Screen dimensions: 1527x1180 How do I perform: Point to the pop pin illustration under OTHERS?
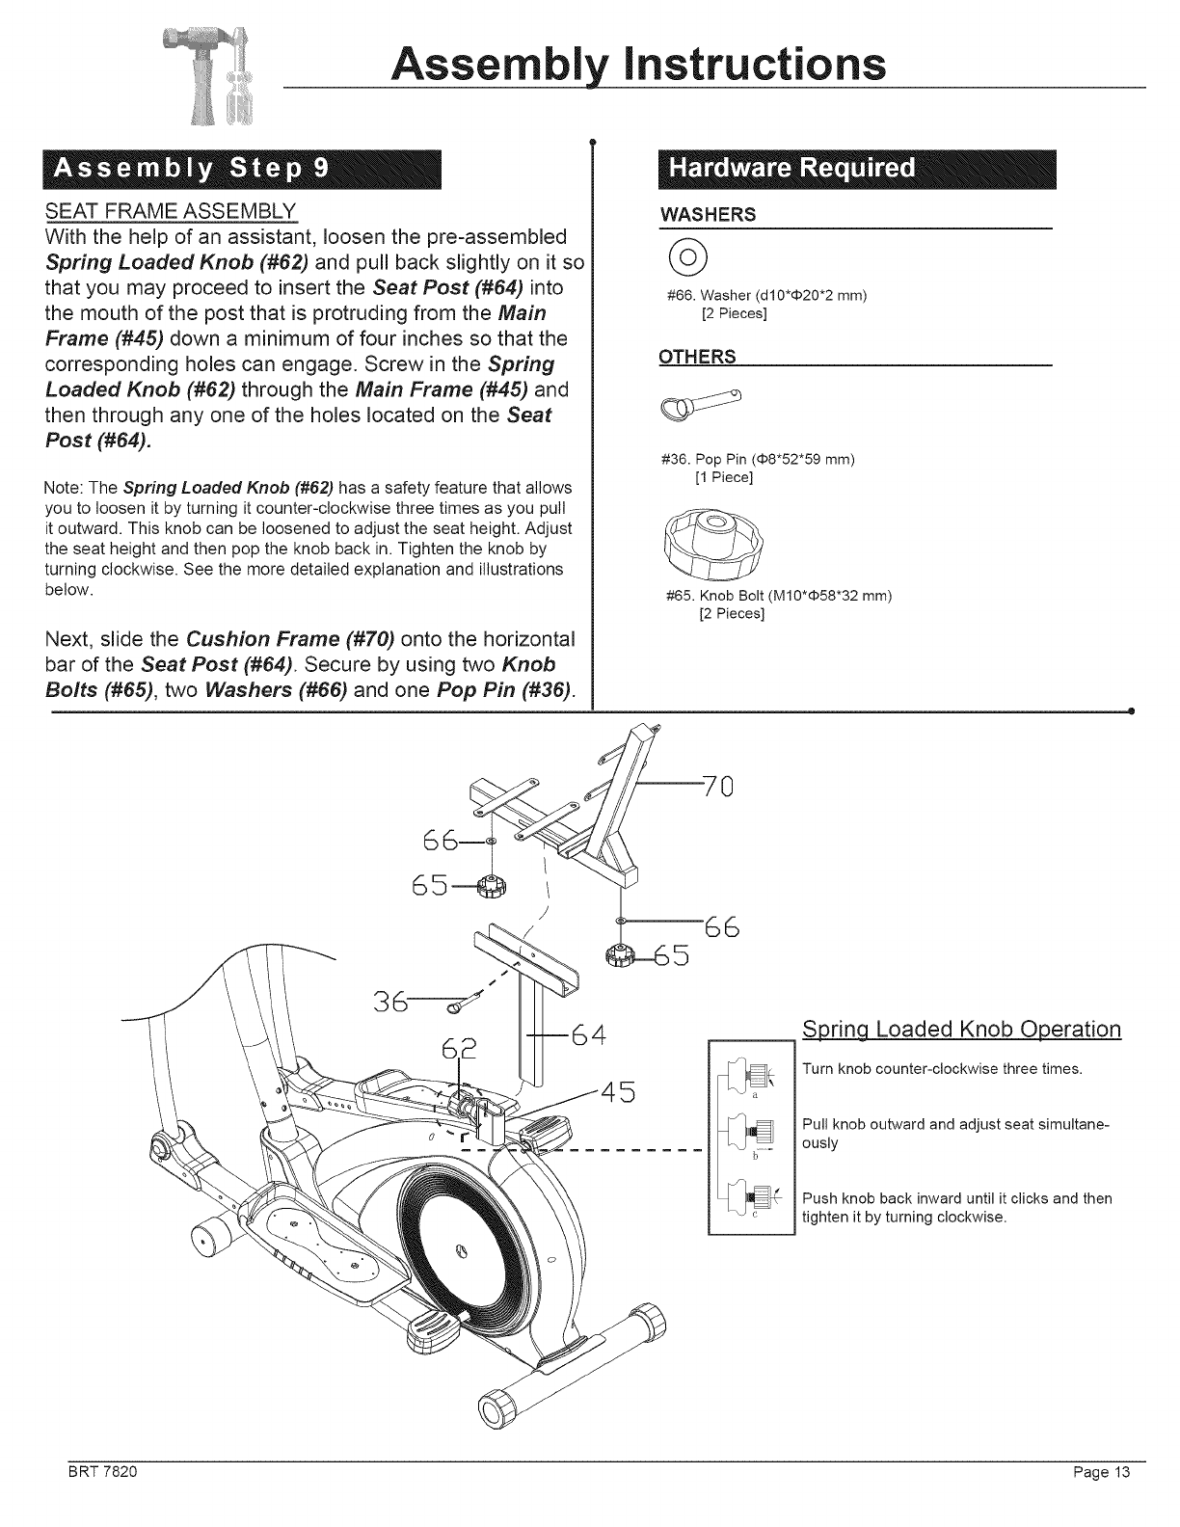tap(706, 405)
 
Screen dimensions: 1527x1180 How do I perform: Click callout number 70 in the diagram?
tap(718, 788)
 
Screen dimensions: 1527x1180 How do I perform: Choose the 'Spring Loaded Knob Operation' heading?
tap(961, 1028)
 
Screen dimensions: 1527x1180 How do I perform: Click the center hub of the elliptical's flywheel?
tap(461, 1250)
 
